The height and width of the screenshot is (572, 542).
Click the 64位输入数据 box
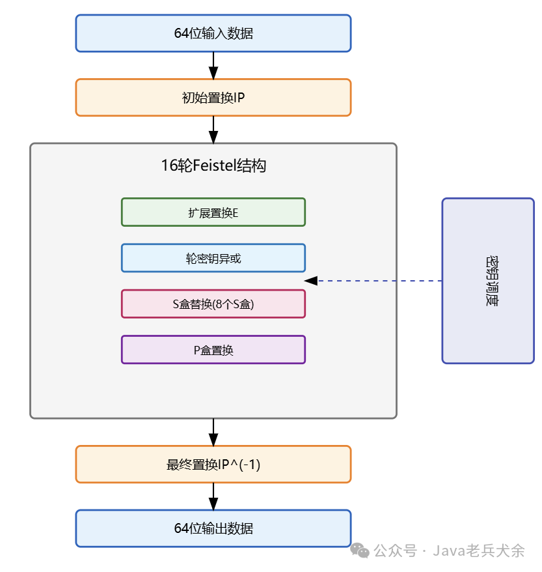[213, 33]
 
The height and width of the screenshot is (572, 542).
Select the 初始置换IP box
[213, 98]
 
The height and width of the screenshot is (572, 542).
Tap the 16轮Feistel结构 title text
[213, 165]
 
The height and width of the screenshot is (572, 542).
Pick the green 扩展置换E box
[213, 212]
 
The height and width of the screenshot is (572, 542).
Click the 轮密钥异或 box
[213, 258]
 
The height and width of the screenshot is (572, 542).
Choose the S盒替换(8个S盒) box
[213, 304]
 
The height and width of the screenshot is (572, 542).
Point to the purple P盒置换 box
[213, 350]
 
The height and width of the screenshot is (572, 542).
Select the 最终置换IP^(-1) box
[213, 465]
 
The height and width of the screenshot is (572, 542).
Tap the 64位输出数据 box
[213, 528]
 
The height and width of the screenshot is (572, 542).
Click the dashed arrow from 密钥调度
[377, 281]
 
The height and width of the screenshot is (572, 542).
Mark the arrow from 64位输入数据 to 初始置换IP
[213, 65]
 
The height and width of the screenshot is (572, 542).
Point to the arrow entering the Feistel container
[213, 130]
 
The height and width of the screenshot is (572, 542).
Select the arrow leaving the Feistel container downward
[213, 432]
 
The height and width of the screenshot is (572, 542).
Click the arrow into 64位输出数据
[213, 496]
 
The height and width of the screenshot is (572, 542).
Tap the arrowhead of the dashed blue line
[311, 281]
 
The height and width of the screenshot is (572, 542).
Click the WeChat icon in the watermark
[360, 551]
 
